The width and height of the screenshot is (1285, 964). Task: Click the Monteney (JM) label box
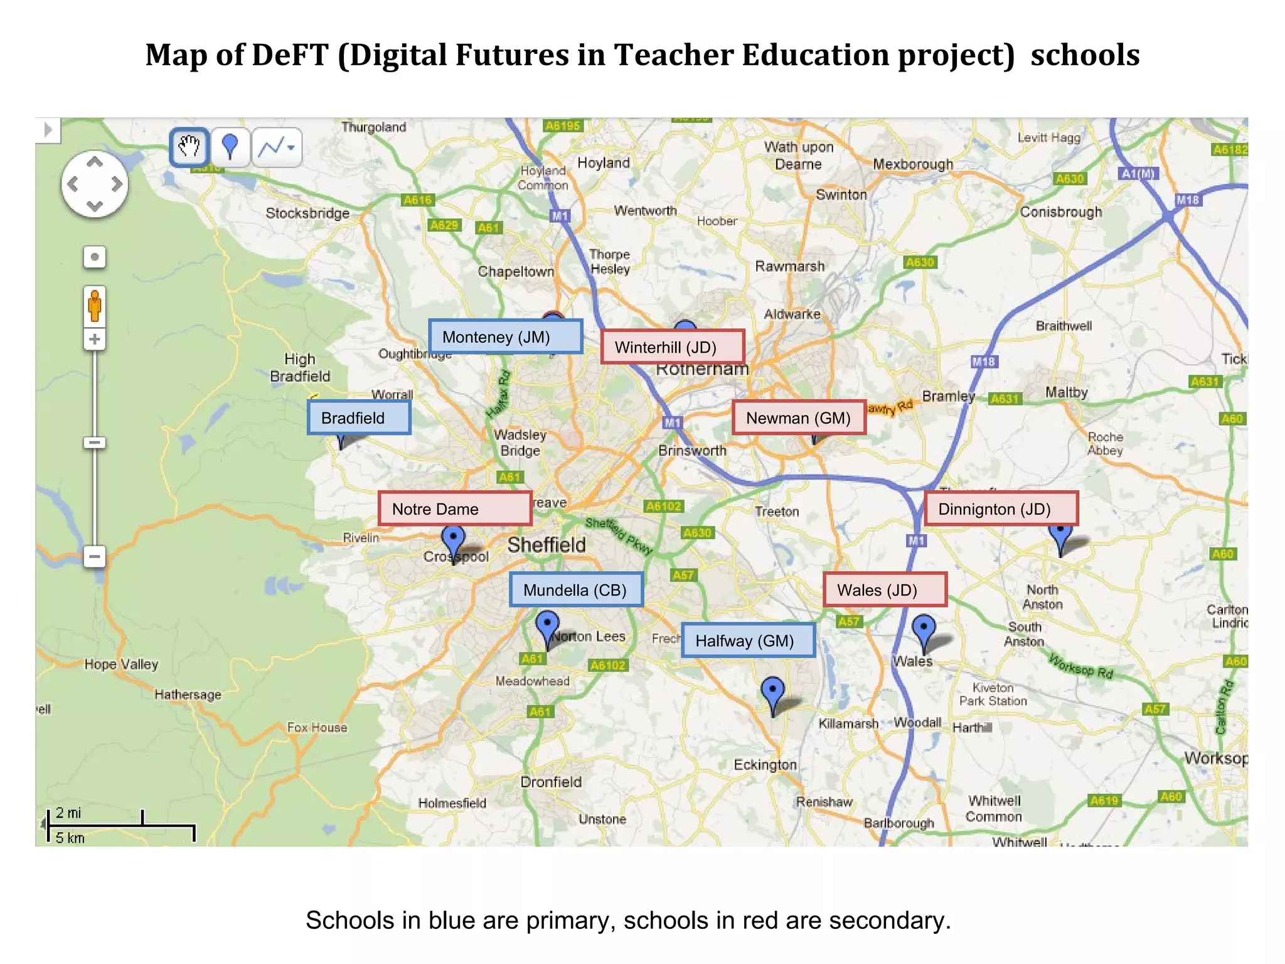[505, 337]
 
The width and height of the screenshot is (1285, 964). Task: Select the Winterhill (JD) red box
[672, 347]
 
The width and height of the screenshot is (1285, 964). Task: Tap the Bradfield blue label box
[359, 418]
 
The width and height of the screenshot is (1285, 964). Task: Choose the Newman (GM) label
[798, 418]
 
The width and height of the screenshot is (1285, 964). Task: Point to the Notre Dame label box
[454, 509]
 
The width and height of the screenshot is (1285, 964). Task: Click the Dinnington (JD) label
[1000, 509]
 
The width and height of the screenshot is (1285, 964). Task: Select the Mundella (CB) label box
[575, 590]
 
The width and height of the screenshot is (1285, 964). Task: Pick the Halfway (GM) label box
[747, 641]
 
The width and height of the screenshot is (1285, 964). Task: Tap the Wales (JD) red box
[884, 590]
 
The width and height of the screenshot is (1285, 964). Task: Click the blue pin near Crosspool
[453, 538]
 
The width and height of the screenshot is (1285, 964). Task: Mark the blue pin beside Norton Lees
[547, 624]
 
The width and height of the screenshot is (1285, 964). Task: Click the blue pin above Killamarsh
[772, 690]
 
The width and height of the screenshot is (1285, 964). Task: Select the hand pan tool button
[189, 147]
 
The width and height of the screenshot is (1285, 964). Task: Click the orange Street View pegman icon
[95, 306]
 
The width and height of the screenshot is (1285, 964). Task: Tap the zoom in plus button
[95, 340]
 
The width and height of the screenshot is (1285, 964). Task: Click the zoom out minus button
[95, 556]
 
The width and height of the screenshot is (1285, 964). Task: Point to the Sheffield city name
[546, 545]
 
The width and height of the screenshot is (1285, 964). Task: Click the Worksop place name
[1215, 758]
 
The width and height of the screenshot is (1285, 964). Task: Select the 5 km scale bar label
[70, 838]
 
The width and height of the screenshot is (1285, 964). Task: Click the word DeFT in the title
[290, 55]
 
